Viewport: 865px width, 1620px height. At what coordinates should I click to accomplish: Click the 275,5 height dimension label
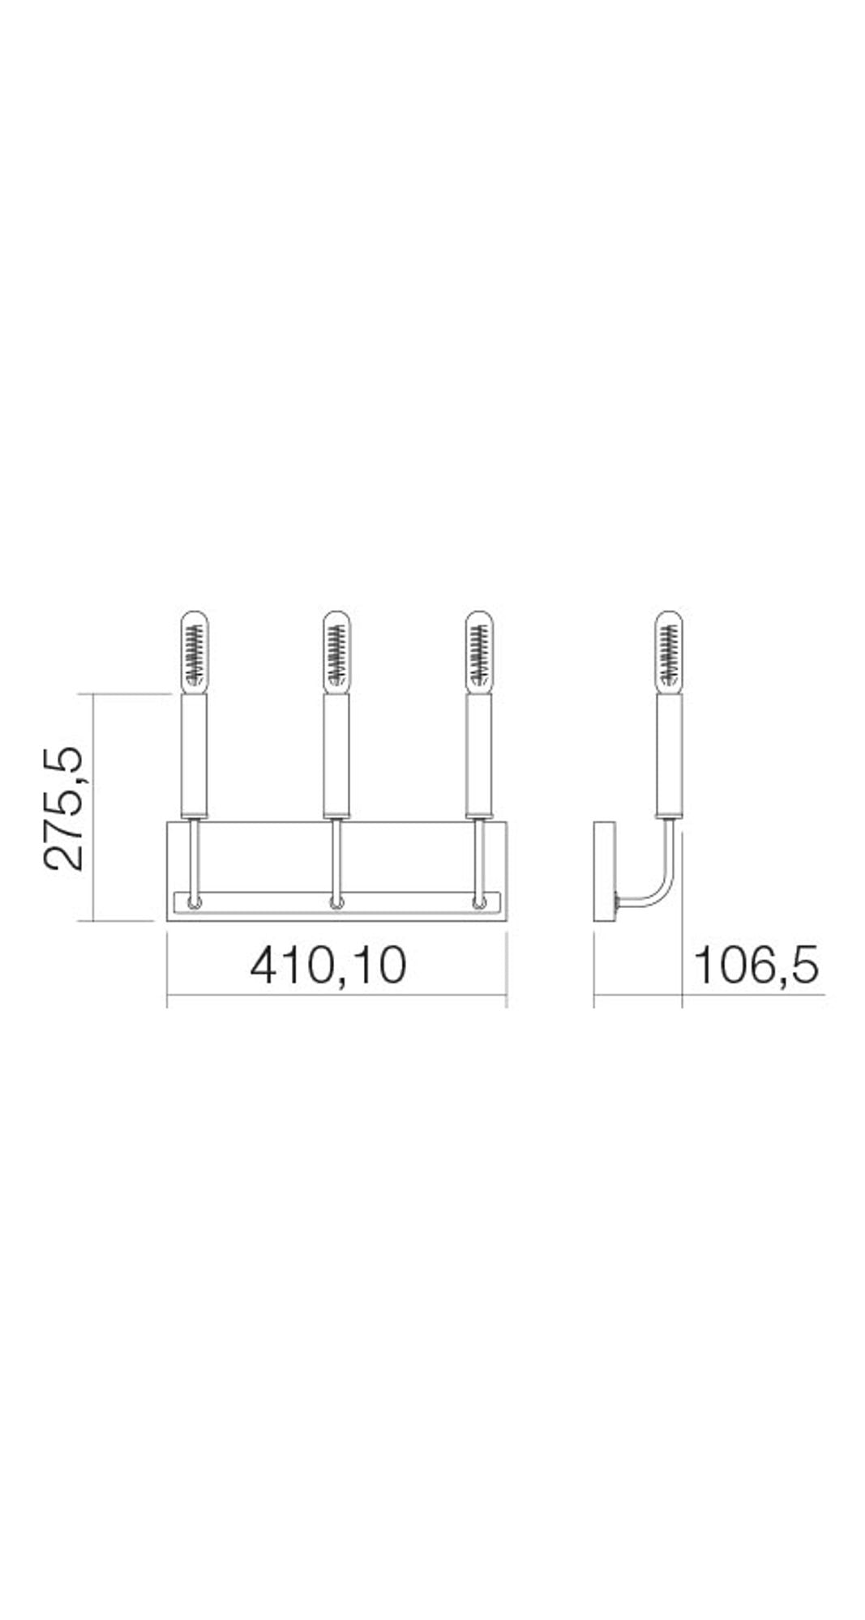click(65, 808)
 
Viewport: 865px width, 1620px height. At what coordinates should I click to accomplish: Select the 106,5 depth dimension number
click(756, 966)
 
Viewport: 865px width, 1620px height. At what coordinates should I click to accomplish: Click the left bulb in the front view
click(193, 650)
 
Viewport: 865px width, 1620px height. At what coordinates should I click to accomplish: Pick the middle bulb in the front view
click(336, 650)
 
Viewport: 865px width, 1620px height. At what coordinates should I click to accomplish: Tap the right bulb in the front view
click(479, 650)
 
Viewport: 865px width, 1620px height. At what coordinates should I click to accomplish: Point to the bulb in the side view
click(670, 650)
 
